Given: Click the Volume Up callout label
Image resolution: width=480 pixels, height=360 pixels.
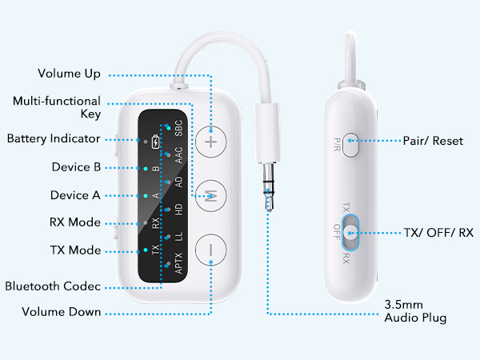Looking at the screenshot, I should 70,74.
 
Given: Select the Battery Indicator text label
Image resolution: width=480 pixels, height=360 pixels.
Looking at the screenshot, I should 53,138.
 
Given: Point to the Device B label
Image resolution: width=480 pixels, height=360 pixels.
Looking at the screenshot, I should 75,167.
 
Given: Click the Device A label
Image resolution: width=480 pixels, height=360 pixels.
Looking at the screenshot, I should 75,195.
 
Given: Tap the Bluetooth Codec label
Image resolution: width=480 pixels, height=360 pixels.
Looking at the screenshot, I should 53,286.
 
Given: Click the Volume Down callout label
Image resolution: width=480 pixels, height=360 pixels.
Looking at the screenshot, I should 62,312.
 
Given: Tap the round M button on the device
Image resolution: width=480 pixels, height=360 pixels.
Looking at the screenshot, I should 211,195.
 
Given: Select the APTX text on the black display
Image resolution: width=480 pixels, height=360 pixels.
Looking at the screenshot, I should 178,265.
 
